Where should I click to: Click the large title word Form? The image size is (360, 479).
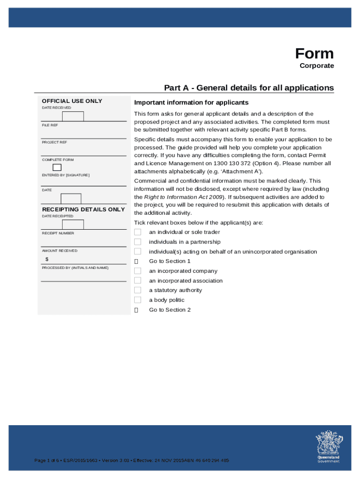[x=314, y=53]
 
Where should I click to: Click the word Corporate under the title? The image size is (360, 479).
[x=317, y=66]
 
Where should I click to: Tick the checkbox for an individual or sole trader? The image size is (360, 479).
[x=137, y=232]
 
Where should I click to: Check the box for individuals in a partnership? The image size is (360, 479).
[x=137, y=242]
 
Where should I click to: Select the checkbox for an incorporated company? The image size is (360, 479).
[x=137, y=271]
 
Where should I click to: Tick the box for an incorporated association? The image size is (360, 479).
[x=137, y=281]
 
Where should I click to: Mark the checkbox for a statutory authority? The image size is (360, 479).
[x=137, y=290]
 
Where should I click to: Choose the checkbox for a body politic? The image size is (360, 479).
[x=137, y=300]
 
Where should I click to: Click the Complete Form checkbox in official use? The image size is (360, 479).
[x=57, y=167]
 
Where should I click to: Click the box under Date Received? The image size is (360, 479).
[x=73, y=116]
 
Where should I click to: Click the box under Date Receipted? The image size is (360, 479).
[x=73, y=224]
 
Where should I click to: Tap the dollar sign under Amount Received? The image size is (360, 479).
[x=47, y=260]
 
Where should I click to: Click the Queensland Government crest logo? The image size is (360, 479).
[x=328, y=445]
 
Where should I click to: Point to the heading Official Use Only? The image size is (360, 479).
[x=72, y=101]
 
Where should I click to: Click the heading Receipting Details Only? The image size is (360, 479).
[x=83, y=210]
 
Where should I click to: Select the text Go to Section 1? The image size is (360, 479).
[x=170, y=261]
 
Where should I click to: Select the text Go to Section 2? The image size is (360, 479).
[x=170, y=310]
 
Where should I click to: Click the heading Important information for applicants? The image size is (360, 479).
[x=191, y=102]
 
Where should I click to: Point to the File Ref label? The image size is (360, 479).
[x=50, y=125]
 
